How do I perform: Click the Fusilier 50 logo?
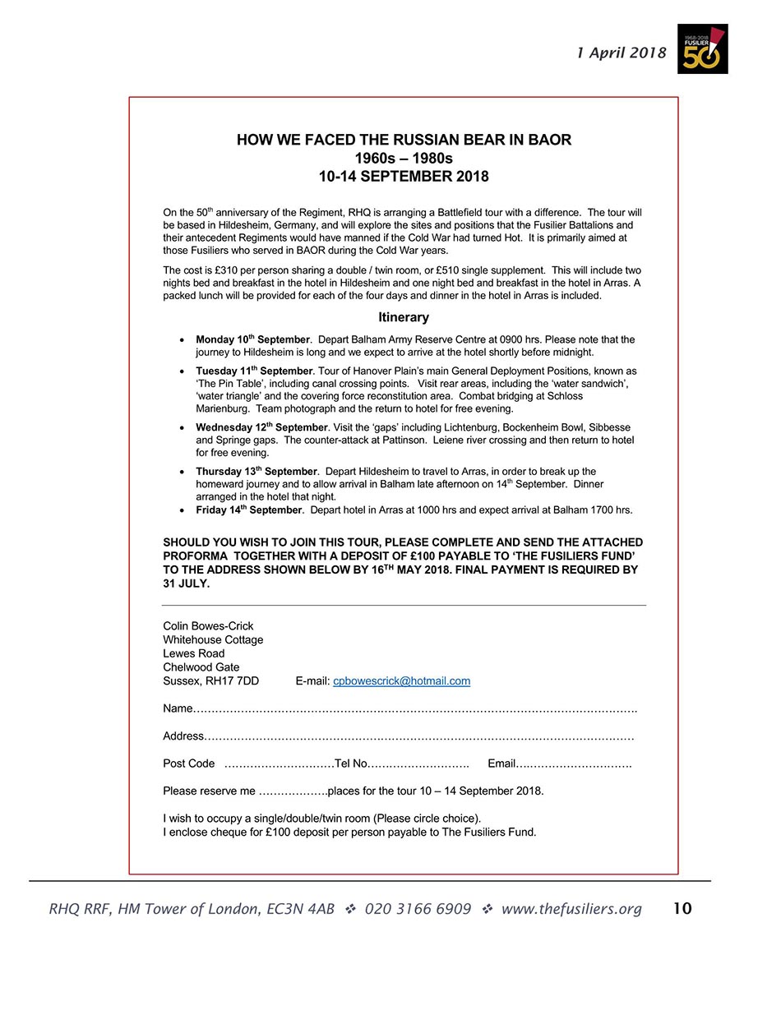tap(702, 48)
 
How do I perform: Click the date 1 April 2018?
tap(621, 53)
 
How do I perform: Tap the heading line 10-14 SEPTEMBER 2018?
tap(404, 177)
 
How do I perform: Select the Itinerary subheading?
tap(404, 317)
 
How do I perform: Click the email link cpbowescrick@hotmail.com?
tap(401, 680)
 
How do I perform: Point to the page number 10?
tap(682, 908)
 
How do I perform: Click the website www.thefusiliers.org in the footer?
tap(571, 909)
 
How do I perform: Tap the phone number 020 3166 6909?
tap(418, 909)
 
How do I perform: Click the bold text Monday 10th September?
tap(252, 339)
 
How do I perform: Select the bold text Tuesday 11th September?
tap(254, 371)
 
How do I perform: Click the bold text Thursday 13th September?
tap(256, 472)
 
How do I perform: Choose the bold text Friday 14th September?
tap(249, 510)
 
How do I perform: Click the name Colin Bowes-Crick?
tap(208, 626)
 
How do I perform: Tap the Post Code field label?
tap(189, 763)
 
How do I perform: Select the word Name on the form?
tap(178, 708)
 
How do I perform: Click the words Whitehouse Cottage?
tap(213, 639)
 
